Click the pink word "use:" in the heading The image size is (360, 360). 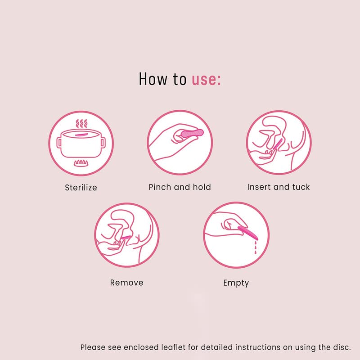click(206, 79)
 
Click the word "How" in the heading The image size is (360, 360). click(153, 79)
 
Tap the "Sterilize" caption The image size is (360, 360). click(81, 188)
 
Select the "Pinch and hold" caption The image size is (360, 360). click(180, 187)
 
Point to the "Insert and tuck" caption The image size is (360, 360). click(279, 187)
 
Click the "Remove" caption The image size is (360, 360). click(127, 283)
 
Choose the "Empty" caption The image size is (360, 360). click(236, 283)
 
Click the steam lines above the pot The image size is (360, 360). click(81, 123)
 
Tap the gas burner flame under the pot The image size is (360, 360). click(81, 163)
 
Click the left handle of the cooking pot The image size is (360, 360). click(59, 143)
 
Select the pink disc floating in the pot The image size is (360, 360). click(81, 135)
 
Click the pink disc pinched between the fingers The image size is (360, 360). click(192, 133)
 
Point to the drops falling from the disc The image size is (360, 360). click(256, 247)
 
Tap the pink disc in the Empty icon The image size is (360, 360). click(248, 233)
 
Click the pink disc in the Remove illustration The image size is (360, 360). click(126, 238)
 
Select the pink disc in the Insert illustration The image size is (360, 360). click(278, 144)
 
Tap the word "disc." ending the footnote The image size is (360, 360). click(342, 347)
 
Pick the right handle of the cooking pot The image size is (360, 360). click(103, 143)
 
